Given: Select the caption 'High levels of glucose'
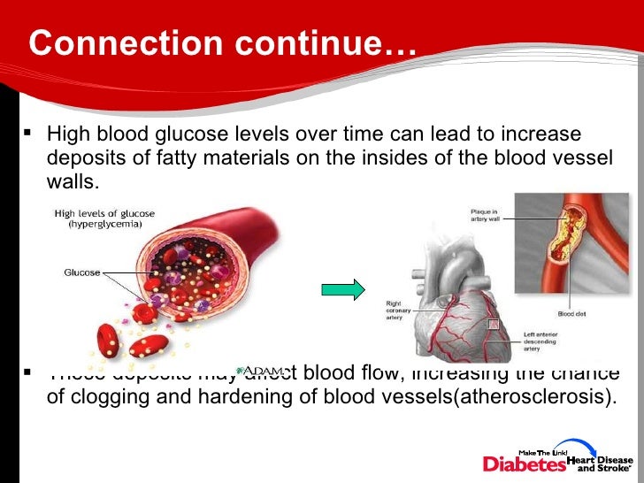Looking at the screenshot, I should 104,213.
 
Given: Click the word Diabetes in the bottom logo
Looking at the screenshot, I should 524,463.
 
